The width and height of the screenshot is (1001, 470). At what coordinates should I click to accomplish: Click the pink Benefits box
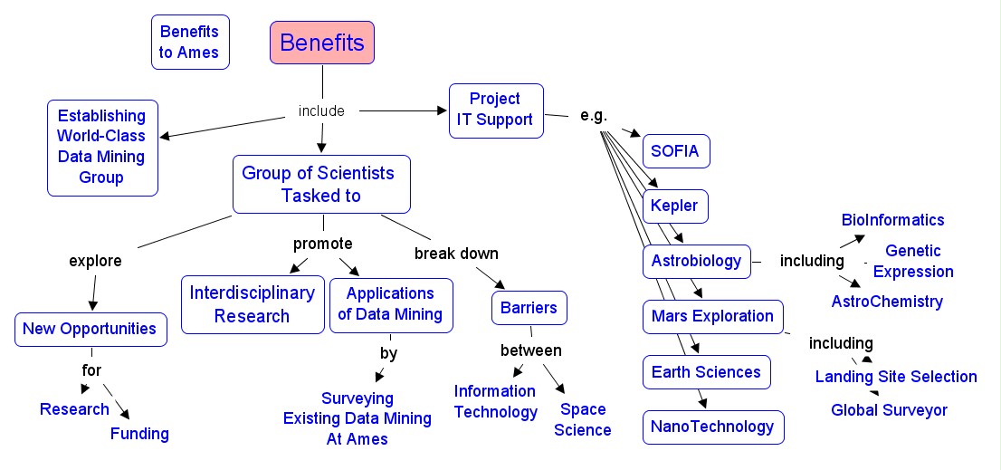click(x=322, y=43)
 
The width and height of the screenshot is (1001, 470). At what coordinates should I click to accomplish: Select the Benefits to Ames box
click(x=190, y=43)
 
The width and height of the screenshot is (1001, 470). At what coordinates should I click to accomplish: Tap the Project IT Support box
click(x=496, y=110)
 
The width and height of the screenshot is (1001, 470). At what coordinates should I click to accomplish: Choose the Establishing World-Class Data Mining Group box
click(x=102, y=147)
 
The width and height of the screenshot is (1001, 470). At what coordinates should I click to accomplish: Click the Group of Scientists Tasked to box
click(x=321, y=184)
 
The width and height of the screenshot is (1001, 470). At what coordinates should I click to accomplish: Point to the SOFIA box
click(x=676, y=151)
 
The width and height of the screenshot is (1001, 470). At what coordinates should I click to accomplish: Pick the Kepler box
click(x=675, y=206)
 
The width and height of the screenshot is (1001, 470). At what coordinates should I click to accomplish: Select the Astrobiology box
click(x=697, y=262)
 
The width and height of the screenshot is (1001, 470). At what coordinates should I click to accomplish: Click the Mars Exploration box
click(x=713, y=316)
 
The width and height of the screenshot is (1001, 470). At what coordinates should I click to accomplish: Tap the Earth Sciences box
click(x=707, y=372)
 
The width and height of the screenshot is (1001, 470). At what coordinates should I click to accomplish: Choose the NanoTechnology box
click(x=713, y=427)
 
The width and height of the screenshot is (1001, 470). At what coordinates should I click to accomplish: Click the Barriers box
click(x=529, y=308)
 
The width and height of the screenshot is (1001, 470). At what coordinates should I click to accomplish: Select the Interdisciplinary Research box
click(x=252, y=304)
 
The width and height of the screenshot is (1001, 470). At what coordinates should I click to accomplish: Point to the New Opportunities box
click(x=91, y=329)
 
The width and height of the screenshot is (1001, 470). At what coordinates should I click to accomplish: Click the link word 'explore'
click(x=95, y=262)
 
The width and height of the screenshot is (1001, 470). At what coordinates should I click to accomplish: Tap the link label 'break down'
click(x=456, y=253)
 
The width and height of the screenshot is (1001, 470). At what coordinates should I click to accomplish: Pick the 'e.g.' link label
click(x=593, y=116)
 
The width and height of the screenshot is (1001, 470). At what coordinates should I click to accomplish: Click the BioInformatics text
click(x=892, y=220)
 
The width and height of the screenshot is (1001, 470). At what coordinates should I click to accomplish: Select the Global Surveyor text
click(x=889, y=410)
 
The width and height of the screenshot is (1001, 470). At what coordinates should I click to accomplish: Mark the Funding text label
click(x=139, y=434)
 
